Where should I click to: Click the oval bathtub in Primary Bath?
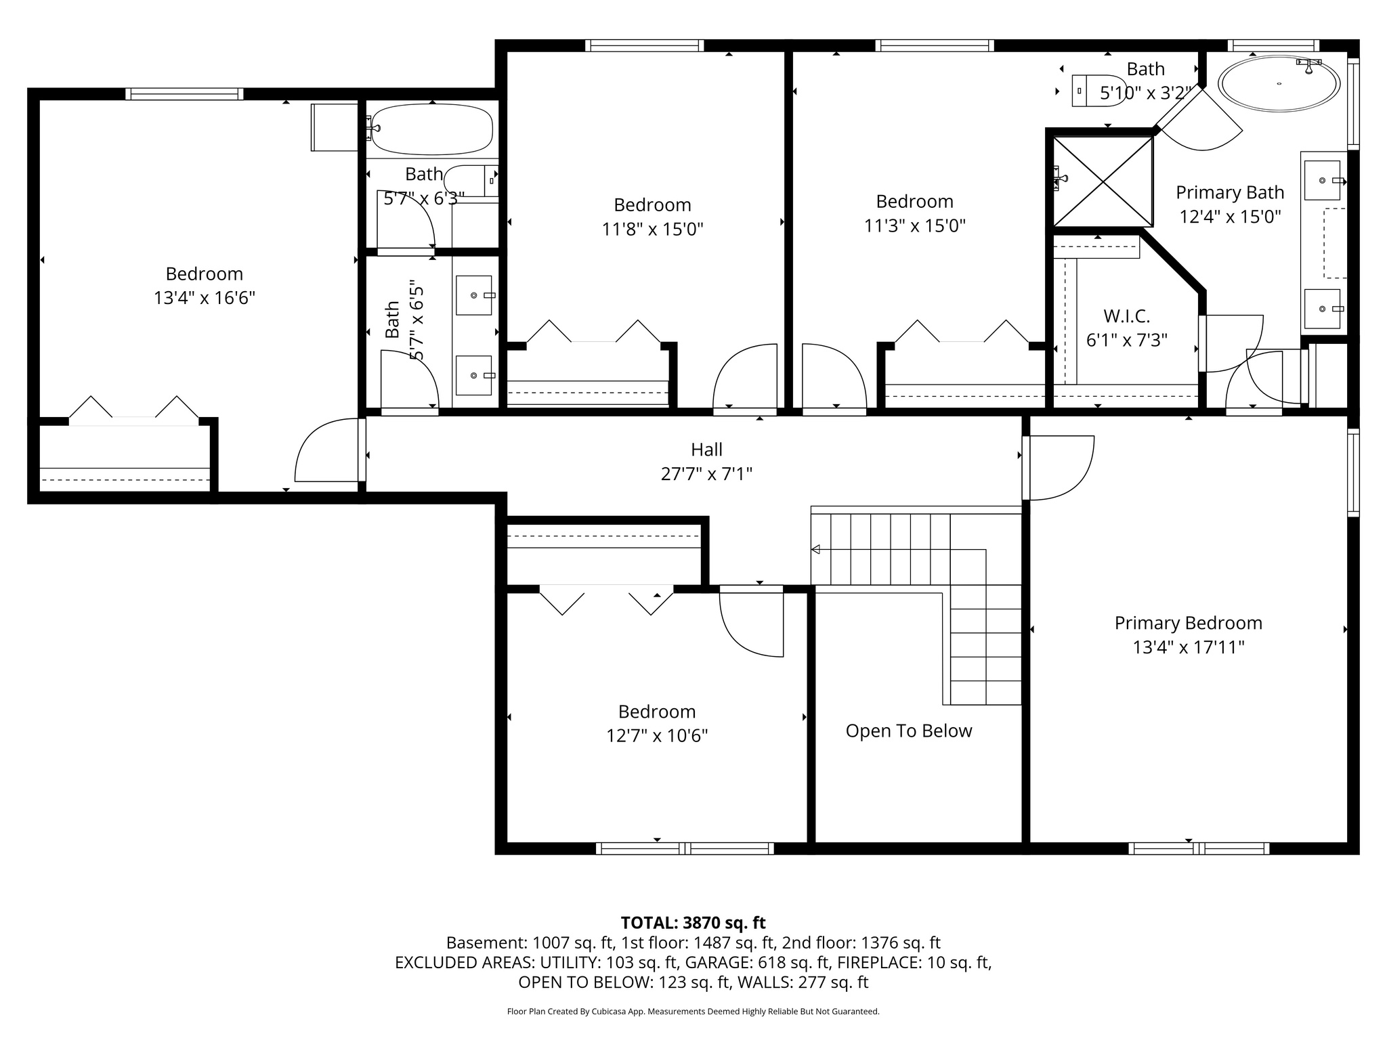[1279, 84]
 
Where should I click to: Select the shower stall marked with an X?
[1103, 181]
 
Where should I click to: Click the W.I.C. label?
[1126, 316]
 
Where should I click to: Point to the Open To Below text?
[908, 731]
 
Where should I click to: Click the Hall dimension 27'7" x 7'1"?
[706, 474]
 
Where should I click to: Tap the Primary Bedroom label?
[1188, 623]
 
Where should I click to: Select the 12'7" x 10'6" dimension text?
[656, 735]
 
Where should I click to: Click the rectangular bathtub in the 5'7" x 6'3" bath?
[432, 129]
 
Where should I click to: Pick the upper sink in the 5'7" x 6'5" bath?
[474, 295]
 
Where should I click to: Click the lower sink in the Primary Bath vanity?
[1322, 309]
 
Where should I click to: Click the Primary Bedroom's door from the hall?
[1057, 467]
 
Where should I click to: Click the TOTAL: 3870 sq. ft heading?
[693, 923]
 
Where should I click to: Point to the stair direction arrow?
[816, 549]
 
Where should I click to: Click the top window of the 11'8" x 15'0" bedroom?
[644, 46]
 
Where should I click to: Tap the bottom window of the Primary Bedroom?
[1199, 848]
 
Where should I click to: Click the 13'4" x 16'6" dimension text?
[204, 298]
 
